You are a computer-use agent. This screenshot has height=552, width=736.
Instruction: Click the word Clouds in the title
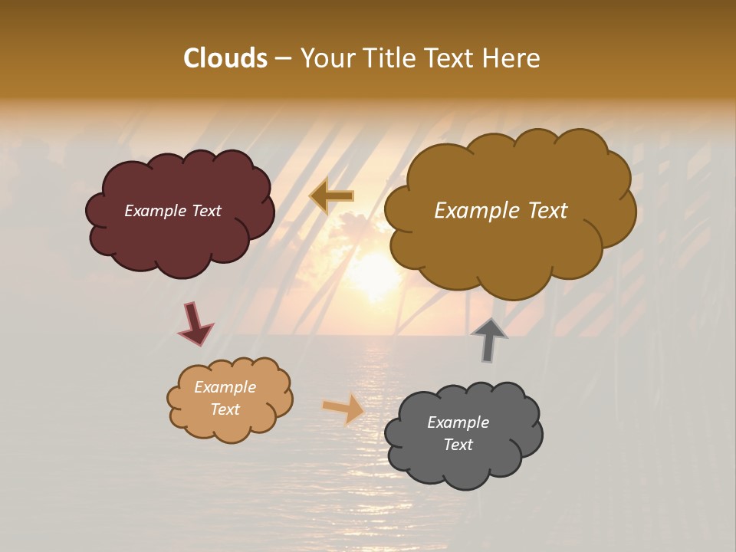tap(225, 58)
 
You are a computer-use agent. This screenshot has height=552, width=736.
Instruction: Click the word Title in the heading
tap(391, 58)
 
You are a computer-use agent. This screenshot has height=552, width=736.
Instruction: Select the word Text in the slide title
tap(452, 58)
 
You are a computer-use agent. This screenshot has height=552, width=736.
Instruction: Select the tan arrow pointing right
tap(344, 408)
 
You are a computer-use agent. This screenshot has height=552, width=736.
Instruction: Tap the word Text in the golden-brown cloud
tap(540, 211)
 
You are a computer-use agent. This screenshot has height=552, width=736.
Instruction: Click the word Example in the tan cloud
tap(225, 387)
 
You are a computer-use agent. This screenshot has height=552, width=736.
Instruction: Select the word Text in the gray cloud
tap(458, 445)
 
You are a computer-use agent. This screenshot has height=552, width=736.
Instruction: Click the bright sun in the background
tap(376, 272)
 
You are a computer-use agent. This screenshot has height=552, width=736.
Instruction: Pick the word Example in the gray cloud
tap(458, 422)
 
